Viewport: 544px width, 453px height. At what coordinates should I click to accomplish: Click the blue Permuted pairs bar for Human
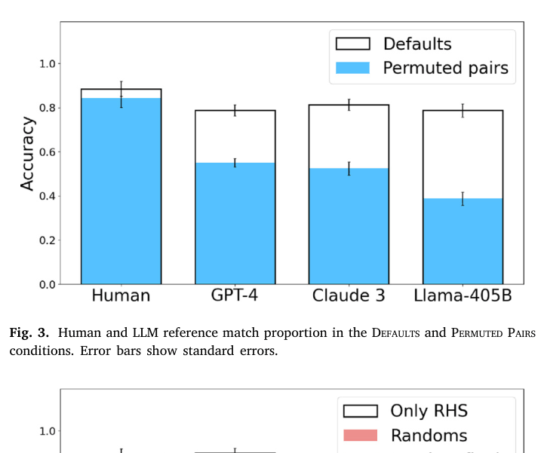tap(121, 191)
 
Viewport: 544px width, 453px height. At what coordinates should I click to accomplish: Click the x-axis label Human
tap(121, 295)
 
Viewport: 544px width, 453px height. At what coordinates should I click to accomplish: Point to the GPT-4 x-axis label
tap(235, 295)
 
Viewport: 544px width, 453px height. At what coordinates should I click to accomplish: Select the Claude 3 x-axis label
tap(349, 295)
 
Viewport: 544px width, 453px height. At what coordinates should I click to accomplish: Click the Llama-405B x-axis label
tap(463, 295)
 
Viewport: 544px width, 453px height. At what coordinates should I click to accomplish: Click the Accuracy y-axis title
tap(27, 154)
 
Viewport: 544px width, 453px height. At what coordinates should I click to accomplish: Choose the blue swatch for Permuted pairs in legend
tap(352, 68)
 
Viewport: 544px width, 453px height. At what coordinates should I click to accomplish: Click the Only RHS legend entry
tap(427, 411)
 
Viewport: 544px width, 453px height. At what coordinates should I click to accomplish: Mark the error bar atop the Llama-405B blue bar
tap(462, 199)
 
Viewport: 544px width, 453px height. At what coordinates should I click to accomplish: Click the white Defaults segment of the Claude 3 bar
tap(348, 136)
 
